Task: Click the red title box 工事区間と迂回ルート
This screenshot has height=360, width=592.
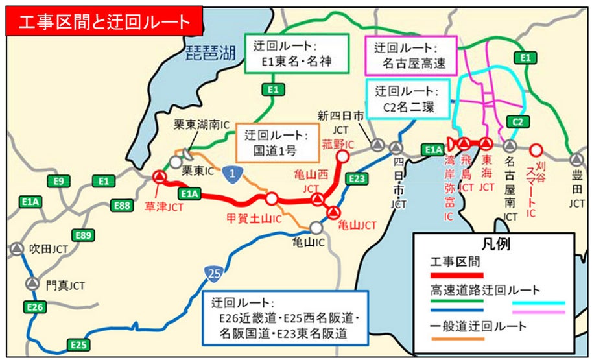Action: (x=104, y=21)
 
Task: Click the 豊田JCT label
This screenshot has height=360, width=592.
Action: (x=576, y=191)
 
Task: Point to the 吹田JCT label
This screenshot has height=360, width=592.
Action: (x=48, y=248)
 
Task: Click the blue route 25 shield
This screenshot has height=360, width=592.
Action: (x=213, y=274)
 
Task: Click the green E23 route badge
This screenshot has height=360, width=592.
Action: (x=356, y=178)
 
